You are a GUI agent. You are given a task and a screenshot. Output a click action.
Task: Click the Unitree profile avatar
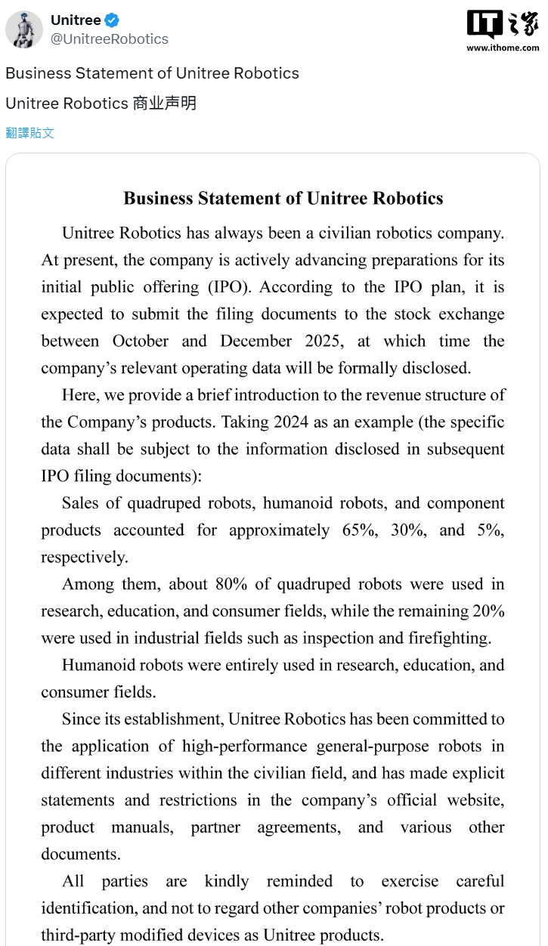point(24,29)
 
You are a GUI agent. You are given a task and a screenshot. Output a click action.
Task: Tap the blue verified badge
point(113,20)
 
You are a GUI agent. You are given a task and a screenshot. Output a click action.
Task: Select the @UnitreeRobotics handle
point(109,39)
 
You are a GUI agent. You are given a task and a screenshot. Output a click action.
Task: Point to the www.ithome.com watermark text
point(503,48)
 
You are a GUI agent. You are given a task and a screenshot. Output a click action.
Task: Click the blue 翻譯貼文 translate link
point(30,133)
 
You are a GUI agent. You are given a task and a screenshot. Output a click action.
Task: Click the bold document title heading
point(283,199)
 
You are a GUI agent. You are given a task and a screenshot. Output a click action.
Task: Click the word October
point(140,342)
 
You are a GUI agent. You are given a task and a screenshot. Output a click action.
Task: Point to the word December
point(258,342)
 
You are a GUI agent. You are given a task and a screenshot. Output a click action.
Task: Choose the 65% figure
point(359,530)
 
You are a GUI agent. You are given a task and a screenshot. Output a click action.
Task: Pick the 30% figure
point(408,530)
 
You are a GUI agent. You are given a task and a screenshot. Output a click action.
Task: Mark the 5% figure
point(489,530)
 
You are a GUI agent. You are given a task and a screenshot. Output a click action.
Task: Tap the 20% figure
point(486,611)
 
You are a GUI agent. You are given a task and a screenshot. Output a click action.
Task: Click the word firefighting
point(447,638)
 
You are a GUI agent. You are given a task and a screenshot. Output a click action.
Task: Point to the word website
point(474,801)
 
